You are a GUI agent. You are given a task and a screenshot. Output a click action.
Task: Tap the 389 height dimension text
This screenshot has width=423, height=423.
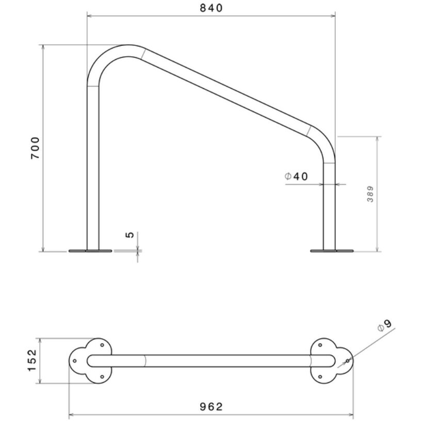[x=370, y=193]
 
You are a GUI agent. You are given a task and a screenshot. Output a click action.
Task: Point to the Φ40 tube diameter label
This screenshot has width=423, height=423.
[x=296, y=176]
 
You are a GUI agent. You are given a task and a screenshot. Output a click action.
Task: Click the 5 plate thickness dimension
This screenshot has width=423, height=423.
[x=130, y=235]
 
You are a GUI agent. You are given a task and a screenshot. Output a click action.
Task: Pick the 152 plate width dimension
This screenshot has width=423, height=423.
[x=32, y=361]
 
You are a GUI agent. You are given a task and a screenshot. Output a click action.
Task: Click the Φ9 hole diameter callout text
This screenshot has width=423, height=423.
[x=385, y=326]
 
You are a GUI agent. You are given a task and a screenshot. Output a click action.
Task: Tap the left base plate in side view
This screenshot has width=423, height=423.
[x=90, y=251]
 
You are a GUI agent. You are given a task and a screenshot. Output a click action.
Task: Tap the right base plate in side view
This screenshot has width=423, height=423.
[x=332, y=251]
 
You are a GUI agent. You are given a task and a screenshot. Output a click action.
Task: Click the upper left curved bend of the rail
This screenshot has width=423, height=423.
[x=111, y=57]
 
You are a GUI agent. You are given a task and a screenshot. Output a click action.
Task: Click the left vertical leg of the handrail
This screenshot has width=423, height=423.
[x=93, y=170]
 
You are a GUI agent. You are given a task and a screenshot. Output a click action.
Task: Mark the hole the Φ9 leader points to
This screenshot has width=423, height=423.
[x=348, y=361]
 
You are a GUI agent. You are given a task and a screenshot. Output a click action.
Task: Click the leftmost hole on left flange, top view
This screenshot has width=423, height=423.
[x=75, y=361]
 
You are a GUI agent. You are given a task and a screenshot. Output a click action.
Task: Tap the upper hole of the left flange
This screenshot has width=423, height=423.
[x=102, y=345]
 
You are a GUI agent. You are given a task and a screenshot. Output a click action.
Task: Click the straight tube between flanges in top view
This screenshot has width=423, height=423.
[x=211, y=361]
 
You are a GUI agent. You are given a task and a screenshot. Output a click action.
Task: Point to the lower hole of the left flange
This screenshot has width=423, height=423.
[x=102, y=377]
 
